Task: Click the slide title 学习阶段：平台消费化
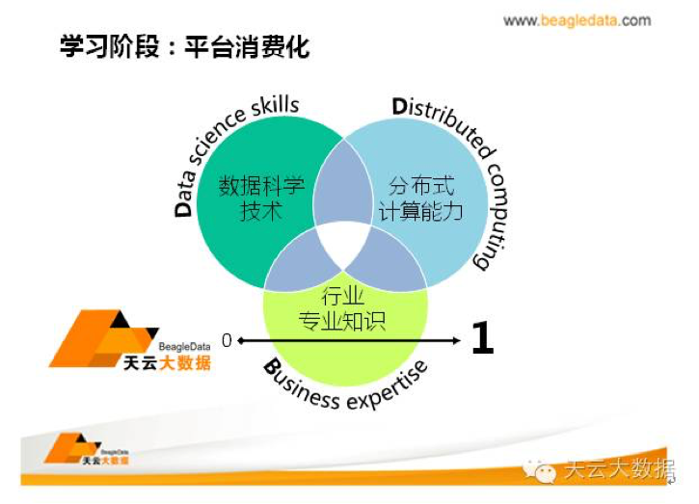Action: point(184,46)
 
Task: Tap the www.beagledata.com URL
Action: point(577,20)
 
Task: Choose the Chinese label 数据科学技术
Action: point(261,198)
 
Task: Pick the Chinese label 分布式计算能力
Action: point(420,198)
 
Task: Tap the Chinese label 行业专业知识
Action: point(342,308)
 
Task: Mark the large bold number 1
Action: point(483,338)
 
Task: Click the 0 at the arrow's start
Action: point(227,340)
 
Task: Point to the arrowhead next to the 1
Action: point(456,341)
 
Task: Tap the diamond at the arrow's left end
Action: point(241,341)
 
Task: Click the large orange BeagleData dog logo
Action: point(103,338)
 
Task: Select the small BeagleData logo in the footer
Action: point(86,449)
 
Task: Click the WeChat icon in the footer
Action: point(540,470)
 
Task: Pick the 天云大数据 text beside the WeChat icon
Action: point(620,469)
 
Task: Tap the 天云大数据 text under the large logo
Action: point(167,363)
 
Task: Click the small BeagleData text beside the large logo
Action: point(184,347)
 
